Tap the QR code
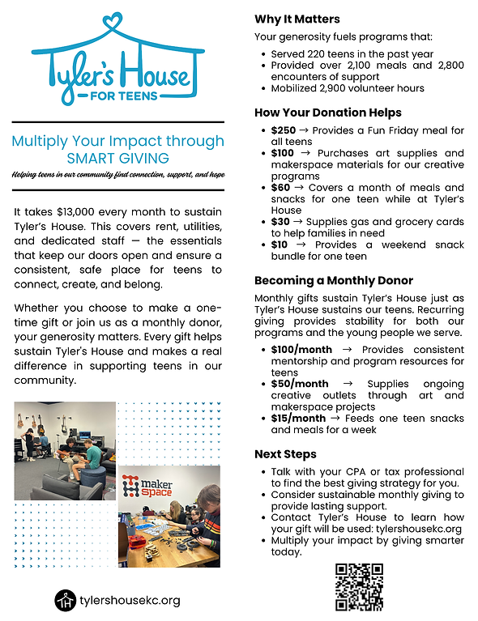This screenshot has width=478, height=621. (358, 587)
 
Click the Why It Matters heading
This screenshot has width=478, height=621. (297, 19)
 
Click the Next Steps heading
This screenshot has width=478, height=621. (285, 454)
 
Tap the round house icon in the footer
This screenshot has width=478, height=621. (65, 600)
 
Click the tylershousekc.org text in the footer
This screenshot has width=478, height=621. (130, 601)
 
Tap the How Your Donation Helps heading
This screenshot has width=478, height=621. (327, 113)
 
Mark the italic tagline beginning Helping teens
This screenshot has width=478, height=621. (117, 176)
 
